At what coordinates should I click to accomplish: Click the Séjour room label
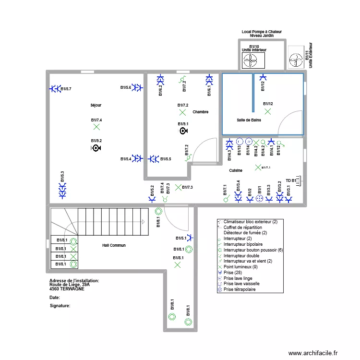(96, 105)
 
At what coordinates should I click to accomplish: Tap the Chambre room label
(200, 112)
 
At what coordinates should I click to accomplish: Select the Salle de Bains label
(249, 120)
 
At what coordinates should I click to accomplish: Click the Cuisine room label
(235, 170)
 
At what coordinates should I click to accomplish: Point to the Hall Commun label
(114, 245)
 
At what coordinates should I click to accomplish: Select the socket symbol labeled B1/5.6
(137, 87)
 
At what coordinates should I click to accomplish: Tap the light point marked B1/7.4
(96, 127)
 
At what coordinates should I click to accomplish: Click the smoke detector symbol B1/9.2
(96, 148)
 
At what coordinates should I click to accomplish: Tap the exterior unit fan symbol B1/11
(296, 60)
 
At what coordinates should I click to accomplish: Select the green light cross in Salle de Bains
(267, 111)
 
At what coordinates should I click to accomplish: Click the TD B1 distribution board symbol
(298, 180)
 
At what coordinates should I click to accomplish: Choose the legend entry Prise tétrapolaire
(240, 290)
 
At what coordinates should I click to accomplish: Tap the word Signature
(60, 306)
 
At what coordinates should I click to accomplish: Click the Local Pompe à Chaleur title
(262, 32)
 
